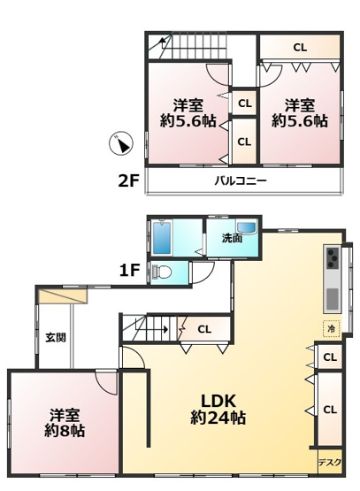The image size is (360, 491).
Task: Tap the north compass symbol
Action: pos(124,143)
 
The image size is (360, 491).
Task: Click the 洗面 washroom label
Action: pos(232,239)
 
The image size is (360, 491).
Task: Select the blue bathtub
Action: pos(163,237)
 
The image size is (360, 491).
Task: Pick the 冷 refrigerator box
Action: pos(332,327)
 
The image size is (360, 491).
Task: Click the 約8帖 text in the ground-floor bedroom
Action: pos(66,432)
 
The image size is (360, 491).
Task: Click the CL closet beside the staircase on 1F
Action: pos(204,329)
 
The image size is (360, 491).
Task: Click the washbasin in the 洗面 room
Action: pos(247,231)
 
